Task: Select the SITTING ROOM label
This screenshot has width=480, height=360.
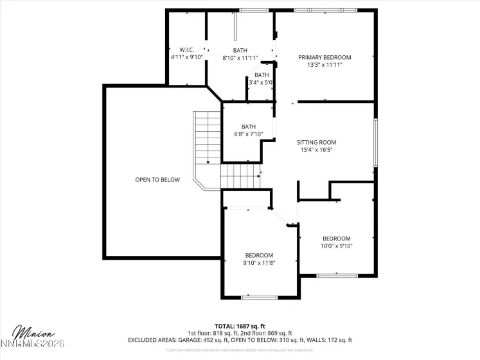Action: pos(316,142)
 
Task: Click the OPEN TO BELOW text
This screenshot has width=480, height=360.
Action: pos(157,179)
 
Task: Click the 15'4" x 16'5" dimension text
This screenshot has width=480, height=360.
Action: pos(316,150)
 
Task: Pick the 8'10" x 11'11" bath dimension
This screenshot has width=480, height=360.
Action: pos(240,58)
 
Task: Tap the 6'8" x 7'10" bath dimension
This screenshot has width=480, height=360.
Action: pos(249,134)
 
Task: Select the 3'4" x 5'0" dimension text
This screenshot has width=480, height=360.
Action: pos(262,82)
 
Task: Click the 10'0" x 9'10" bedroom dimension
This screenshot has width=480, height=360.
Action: pos(337,246)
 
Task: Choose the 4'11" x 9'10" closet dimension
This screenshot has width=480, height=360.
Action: pos(186,57)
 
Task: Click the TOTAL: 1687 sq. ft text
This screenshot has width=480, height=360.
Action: pos(240,326)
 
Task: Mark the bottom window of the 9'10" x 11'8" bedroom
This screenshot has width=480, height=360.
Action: pos(260,297)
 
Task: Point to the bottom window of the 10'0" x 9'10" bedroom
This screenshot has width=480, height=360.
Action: pos(337,275)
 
